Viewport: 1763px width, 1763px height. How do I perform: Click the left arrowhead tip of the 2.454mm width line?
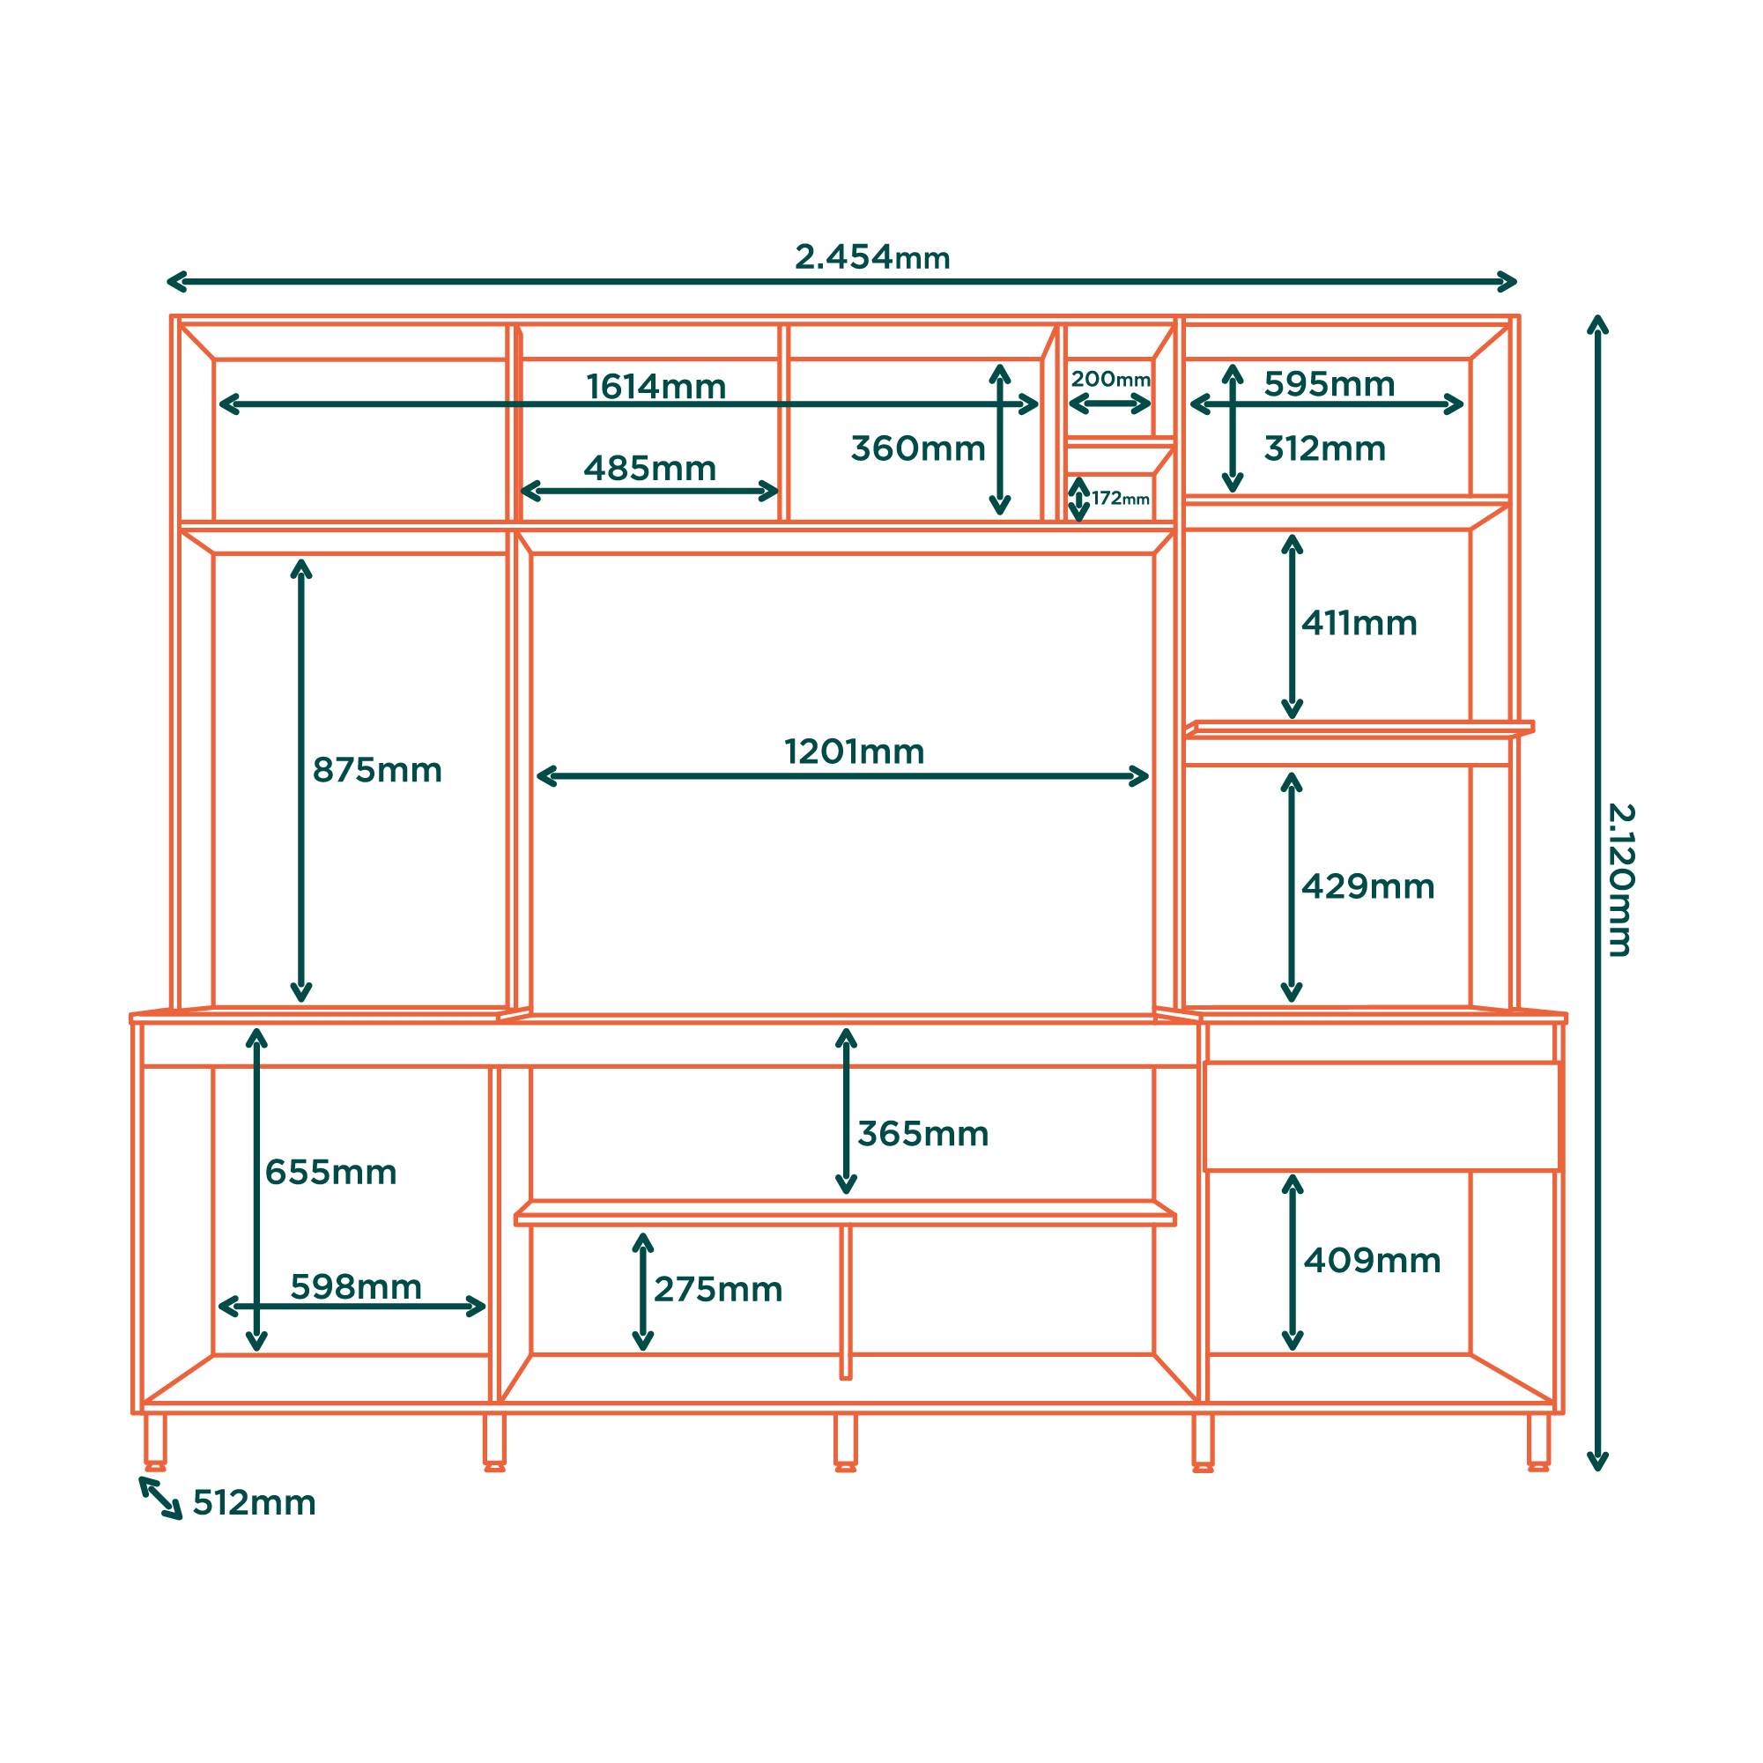168,281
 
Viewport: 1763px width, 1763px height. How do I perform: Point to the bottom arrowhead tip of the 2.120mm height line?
1596,1470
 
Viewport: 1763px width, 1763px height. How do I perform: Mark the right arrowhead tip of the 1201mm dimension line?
1148,776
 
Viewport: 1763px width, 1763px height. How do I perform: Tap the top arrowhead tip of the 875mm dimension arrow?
301,560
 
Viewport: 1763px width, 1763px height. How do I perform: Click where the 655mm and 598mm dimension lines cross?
257,1306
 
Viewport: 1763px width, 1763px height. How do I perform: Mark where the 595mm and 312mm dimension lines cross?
1233,404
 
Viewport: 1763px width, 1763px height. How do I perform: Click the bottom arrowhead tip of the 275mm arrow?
643,1349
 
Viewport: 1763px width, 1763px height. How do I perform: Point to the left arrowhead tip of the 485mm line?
521,491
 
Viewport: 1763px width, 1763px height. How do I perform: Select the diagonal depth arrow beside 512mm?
160,1499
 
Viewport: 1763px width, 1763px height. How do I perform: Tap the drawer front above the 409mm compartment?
1383,1116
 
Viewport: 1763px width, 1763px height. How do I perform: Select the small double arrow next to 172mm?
1078,500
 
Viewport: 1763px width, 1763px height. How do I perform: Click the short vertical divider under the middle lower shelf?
846,1301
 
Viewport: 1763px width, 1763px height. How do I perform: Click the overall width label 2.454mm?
872,257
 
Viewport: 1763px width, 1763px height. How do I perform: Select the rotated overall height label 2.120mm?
1620,880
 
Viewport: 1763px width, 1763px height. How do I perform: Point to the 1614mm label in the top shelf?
656,387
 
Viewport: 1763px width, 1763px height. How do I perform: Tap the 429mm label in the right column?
1368,886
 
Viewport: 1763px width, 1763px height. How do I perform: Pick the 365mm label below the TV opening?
923,1133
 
